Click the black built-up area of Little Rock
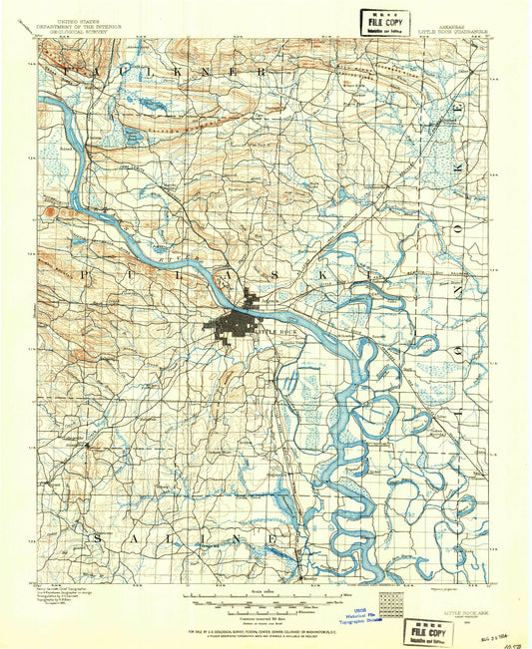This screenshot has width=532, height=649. (232, 324)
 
